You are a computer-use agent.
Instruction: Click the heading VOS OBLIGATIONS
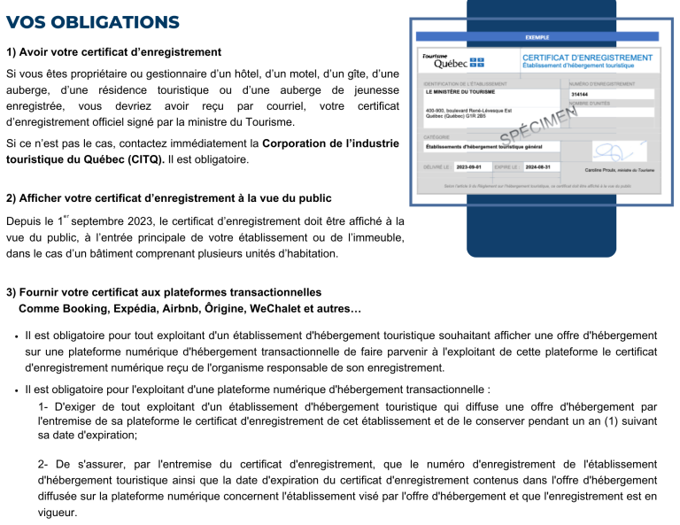point(92,22)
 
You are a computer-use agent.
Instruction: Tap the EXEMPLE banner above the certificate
point(537,37)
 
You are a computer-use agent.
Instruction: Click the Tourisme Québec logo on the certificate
point(452,61)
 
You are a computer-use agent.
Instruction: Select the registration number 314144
point(580,94)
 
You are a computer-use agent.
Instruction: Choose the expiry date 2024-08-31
point(537,166)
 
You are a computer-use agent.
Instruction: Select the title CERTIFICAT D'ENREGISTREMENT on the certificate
point(588,58)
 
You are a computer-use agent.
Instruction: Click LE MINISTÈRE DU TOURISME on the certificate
point(460,92)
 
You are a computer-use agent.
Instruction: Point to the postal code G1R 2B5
point(483,115)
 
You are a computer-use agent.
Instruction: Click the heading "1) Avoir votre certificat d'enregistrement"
point(113,52)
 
